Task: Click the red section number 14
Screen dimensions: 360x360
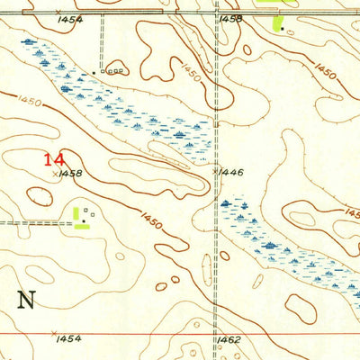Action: tap(53, 159)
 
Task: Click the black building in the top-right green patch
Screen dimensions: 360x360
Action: tap(282, 28)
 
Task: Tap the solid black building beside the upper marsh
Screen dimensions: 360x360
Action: tap(94, 72)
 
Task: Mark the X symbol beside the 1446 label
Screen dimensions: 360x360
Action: tap(214, 169)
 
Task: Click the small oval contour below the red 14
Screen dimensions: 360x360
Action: tap(40, 194)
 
